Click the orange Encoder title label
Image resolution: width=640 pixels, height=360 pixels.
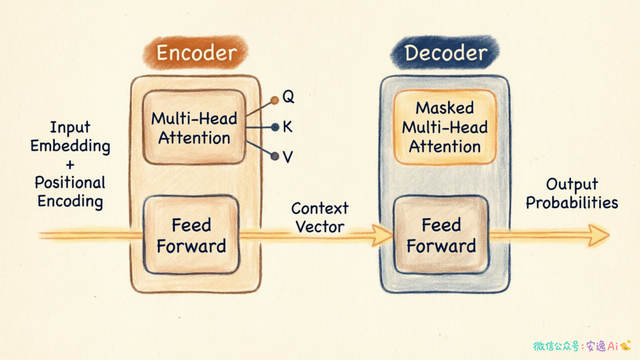(x=195, y=52)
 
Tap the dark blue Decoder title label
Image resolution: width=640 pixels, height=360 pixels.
(x=445, y=52)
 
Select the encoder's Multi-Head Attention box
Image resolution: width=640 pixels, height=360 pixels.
(x=194, y=127)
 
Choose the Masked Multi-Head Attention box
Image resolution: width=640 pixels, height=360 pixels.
(x=445, y=127)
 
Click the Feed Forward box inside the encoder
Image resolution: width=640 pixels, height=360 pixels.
(x=191, y=235)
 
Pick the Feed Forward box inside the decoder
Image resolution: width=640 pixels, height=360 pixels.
(x=441, y=235)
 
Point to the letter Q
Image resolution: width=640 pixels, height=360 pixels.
(x=288, y=96)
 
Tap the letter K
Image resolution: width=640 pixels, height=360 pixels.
(x=287, y=126)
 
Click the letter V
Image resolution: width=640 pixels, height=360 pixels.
(x=287, y=157)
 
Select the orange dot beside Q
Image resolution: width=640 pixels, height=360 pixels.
(x=274, y=100)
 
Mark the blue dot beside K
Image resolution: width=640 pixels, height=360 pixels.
(x=275, y=127)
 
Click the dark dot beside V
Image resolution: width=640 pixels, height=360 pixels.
(x=274, y=156)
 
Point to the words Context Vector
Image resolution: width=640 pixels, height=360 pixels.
(x=319, y=217)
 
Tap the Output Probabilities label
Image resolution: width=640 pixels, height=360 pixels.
(x=572, y=193)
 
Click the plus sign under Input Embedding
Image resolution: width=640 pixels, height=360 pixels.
(x=70, y=165)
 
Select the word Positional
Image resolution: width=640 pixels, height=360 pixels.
(x=70, y=182)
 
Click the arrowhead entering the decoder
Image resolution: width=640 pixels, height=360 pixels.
(x=381, y=235)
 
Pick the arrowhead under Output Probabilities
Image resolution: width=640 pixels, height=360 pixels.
(x=598, y=235)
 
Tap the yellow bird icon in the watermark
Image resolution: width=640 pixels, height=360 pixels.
(x=625, y=345)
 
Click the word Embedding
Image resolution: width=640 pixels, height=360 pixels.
(x=70, y=146)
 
